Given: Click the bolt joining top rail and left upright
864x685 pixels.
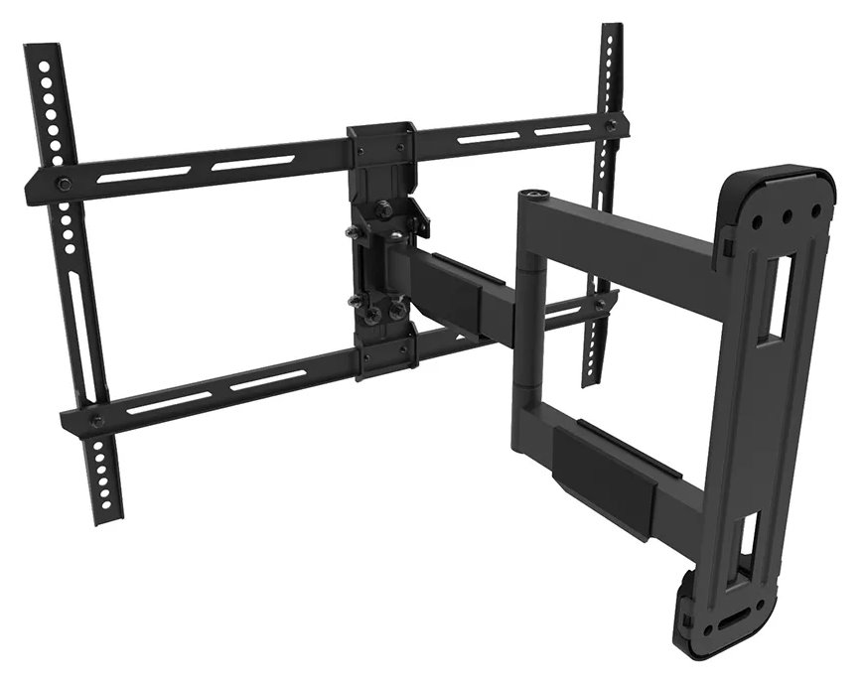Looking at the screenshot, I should [x=63, y=183].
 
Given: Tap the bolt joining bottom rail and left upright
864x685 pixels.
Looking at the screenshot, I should [x=96, y=421].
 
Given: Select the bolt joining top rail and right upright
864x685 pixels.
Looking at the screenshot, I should [x=611, y=125].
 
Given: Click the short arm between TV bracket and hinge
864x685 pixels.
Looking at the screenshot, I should [x=452, y=288].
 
